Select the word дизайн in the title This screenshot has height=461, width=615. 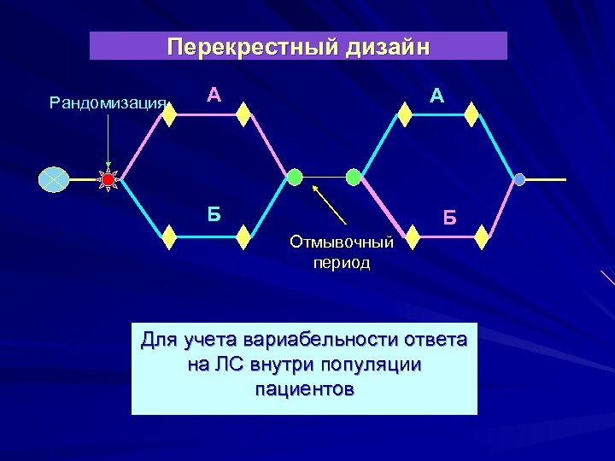click(383, 46)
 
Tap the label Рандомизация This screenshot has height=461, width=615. click(107, 103)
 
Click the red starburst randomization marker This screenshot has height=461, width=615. click(108, 179)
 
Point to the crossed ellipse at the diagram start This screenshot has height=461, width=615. click(54, 179)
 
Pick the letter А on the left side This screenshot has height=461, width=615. click(215, 96)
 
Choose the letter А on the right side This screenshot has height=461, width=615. click(436, 96)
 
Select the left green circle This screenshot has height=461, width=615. click(294, 177)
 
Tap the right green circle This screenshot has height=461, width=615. click(354, 177)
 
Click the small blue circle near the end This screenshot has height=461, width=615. click(519, 179)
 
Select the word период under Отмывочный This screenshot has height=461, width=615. click(342, 262)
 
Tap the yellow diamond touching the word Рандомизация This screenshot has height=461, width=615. click(168, 114)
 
